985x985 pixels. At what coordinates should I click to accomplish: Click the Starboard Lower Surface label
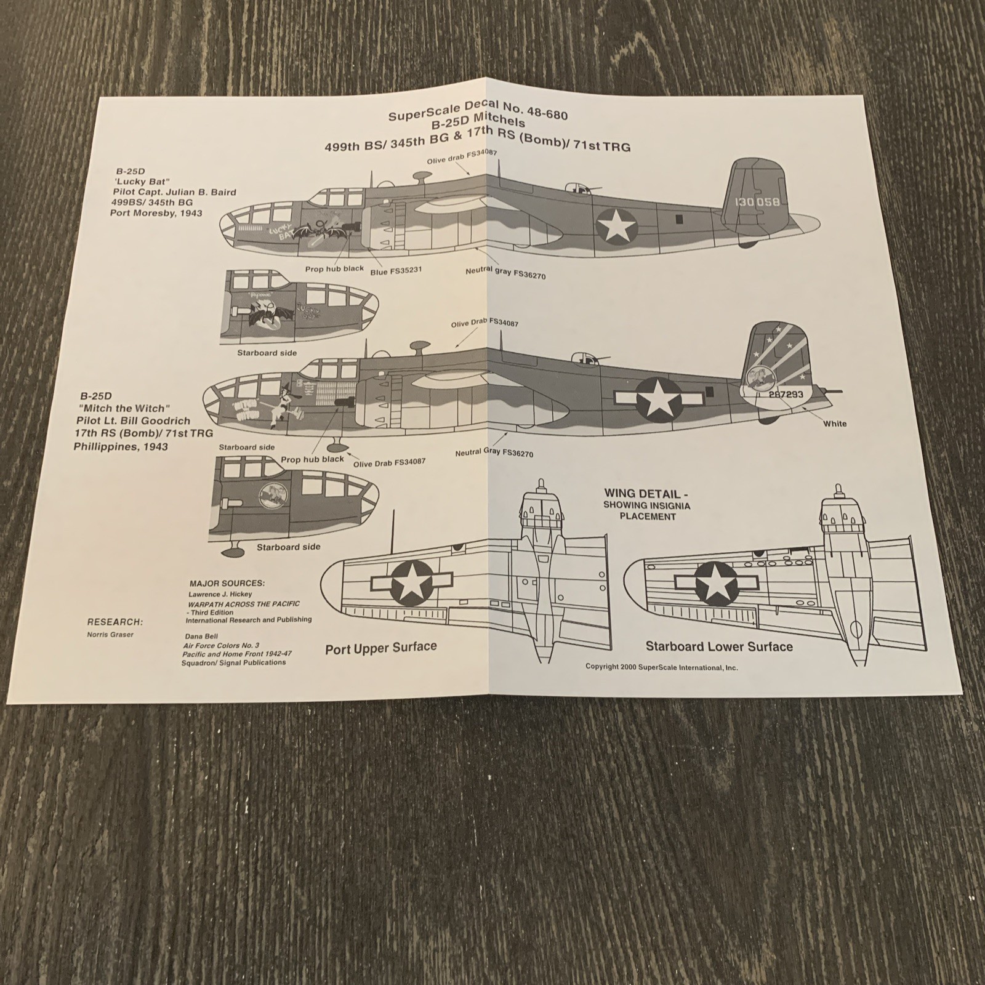[x=718, y=646]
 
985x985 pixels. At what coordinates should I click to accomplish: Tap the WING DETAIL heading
[x=642, y=494]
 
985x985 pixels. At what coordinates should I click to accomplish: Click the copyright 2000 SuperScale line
[x=661, y=667]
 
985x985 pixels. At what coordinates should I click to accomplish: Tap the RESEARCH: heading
[x=115, y=622]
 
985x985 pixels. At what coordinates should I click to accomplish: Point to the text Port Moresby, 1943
[x=156, y=214]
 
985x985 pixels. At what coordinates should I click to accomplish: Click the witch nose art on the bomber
[x=284, y=403]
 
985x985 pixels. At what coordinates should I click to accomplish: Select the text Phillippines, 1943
[x=121, y=447]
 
